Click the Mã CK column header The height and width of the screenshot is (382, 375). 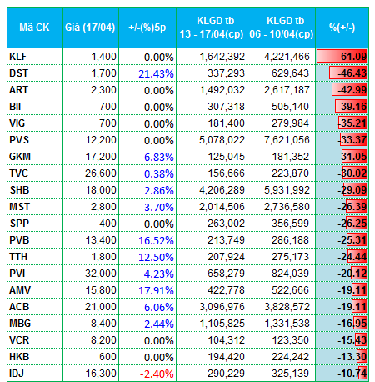pyautogui.click(x=34, y=28)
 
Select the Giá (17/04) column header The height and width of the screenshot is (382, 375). pyautogui.click(x=90, y=28)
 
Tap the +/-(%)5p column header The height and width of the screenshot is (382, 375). pyautogui.click(x=147, y=28)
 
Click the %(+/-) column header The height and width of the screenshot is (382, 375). pyautogui.click(x=342, y=28)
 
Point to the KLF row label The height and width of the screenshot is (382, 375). pyautogui.click(x=17, y=57)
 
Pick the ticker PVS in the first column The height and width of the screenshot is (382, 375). pyautogui.click(x=19, y=140)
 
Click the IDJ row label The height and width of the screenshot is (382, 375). pyautogui.click(x=17, y=374)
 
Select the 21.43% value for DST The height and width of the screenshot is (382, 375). pyautogui.click(x=156, y=73)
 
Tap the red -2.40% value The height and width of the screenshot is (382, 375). pyautogui.click(x=157, y=374)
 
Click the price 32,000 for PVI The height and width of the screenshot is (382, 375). pyautogui.click(x=101, y=274)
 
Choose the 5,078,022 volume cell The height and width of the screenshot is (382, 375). pyautogui.click(x=222, y=140)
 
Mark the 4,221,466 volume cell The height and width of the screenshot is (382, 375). pyautogui.click(x=287, y=57)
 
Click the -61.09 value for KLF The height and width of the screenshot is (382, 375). pyautogui.click(x=352, y=57)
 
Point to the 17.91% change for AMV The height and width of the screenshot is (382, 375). pyautogui.click(x=156, y=290)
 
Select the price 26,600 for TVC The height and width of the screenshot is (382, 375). pyautogui.click(x=101, y=173)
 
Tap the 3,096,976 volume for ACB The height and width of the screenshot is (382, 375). pyautogui.click(x=222, y=307)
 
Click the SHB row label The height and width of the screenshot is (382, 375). pyautogui.click(x=19, y=190)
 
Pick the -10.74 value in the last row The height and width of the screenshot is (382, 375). pyautogui.click(x=352, y=374)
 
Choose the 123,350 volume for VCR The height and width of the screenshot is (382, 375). pyautogui.click(x=290, y=340)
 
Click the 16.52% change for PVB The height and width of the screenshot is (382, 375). pyautogui.click(x=156, y=240)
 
